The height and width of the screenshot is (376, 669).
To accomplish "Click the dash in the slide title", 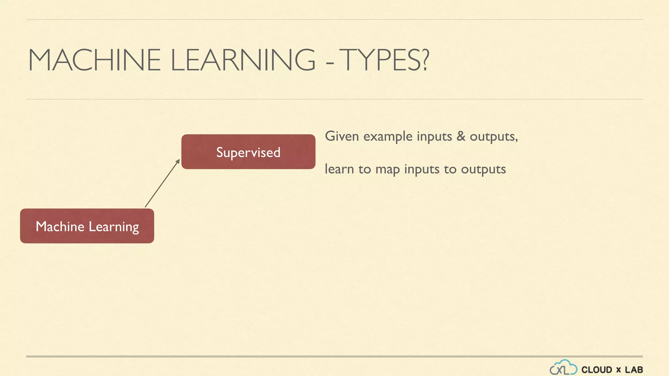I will pos(330,61).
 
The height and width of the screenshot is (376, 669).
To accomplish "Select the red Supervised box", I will pos(248,152).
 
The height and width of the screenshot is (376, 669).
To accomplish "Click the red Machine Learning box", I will pos(87,226).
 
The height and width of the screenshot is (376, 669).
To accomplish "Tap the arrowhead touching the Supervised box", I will pos(178,161).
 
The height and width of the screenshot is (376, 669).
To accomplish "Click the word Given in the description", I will pos(342,136).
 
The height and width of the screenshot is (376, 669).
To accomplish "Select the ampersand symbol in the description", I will pos(461,136).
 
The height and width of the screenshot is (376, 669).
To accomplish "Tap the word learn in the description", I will pos(339,169).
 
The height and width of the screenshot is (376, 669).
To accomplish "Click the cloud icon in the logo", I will pos(563,368).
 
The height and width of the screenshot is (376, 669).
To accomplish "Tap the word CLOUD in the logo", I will pos(596,370).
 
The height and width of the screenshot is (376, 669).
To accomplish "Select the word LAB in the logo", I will pos(634,370).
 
